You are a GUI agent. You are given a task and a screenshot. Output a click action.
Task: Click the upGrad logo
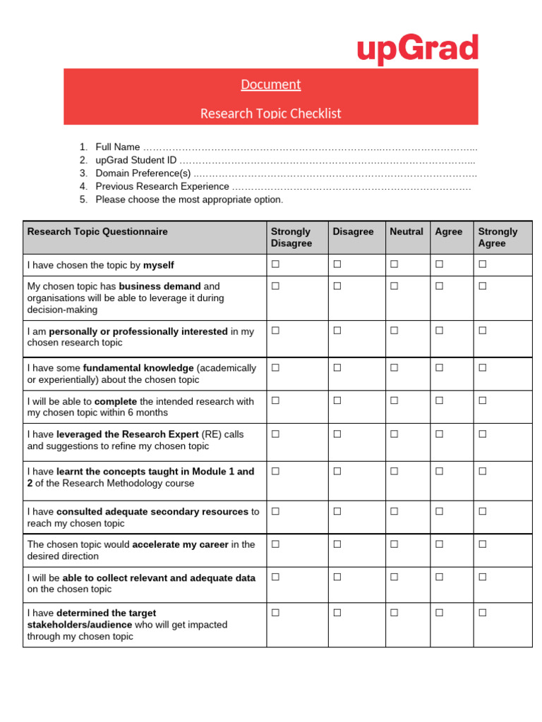[417, 49]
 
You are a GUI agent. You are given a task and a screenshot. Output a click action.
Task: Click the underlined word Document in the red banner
[270, 85]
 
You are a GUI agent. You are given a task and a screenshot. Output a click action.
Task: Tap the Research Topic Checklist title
[270, 114]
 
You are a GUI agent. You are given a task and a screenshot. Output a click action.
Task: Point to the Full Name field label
[118, 147]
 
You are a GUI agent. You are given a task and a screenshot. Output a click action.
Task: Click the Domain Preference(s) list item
[143, 173]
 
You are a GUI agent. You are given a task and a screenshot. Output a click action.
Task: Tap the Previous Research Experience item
[162, 187]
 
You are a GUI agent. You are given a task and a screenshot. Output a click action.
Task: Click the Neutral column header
[406, 232]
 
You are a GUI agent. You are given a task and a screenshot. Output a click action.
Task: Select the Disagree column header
[353, 232]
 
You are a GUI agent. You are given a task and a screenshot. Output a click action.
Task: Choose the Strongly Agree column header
[498, 237]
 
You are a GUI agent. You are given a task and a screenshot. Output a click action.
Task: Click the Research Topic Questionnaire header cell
[97, 232]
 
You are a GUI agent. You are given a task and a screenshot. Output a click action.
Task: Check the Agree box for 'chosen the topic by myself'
[439, 264]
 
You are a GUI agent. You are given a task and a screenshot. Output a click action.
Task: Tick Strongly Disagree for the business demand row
[275, 286]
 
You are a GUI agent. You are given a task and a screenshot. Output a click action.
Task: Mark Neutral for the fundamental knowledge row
[394, 367]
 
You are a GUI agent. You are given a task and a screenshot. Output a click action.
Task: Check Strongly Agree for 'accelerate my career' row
[483, 544]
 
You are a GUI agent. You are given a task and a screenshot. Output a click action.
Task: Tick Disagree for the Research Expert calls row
[337, 434]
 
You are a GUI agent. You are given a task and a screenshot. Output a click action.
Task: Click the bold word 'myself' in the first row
[158, 265]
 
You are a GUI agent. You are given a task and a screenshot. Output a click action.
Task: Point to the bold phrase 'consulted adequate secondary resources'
[152, 512]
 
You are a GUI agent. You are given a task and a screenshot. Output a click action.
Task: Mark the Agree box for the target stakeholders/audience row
[439, 613]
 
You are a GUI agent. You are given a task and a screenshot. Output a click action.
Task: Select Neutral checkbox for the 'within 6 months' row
[394, 400]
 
